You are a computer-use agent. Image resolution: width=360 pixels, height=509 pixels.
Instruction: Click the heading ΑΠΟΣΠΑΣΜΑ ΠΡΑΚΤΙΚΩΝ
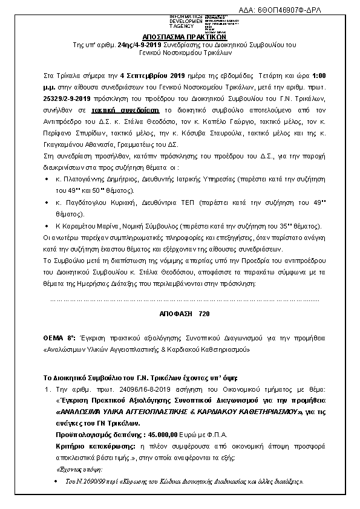[x=179, y=36]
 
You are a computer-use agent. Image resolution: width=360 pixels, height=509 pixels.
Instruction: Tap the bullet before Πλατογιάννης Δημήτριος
[x=47, y=180]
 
